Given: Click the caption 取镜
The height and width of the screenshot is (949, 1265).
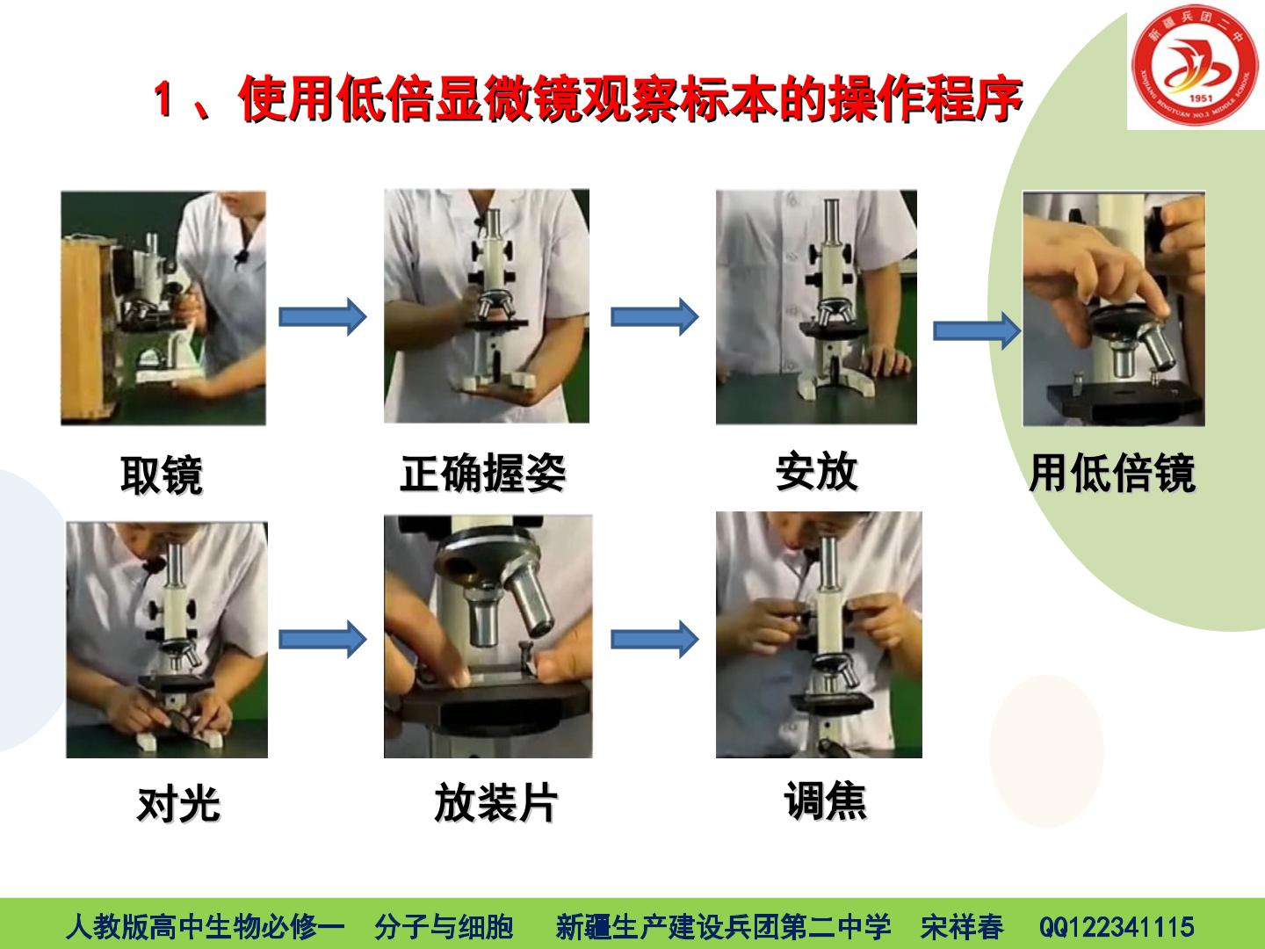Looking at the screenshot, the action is tap(162, 474).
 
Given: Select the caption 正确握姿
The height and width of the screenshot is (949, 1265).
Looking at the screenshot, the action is tap(483, 473).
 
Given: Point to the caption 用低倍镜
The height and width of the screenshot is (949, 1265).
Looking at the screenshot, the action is tap(1113, 473).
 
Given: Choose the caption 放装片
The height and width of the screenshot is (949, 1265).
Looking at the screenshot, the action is tap(495, 802).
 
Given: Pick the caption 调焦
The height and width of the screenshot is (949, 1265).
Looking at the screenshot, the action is tap(825, 800).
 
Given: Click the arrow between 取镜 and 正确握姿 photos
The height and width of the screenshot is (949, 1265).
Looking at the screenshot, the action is tap(322, 316).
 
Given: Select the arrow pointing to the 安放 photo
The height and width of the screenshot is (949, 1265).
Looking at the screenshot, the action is tap(654, 316).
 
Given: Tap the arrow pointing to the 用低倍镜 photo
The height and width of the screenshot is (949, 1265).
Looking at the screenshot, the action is tap(977, 330).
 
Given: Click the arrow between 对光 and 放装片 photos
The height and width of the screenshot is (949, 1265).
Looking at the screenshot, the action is tap(322, 639).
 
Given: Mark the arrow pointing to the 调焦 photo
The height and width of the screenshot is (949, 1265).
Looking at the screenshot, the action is tap(654, 639).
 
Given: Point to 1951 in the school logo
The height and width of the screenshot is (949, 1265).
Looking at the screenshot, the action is tap(1201, 98).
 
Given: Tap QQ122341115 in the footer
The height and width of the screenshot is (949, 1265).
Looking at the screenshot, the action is tap(1117, 927).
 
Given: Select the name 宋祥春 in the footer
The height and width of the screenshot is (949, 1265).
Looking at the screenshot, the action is tap(962, 927).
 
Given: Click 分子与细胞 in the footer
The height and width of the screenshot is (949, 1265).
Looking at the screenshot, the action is tap(444, 927).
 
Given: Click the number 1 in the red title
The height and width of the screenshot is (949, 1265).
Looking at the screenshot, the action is tap(163, 98).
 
